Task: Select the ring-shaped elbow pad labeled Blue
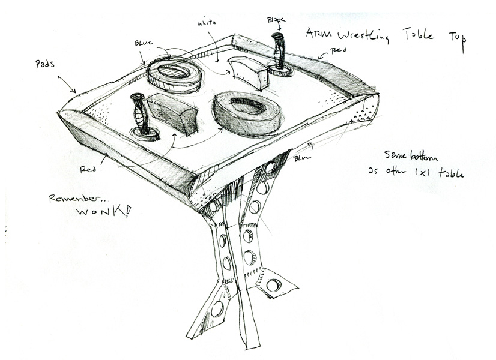[x=174, y=74]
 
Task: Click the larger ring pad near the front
[x=247, y=112]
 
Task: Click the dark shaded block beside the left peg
[x=174, y=113]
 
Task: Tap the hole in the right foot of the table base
[x=274, y=286]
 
